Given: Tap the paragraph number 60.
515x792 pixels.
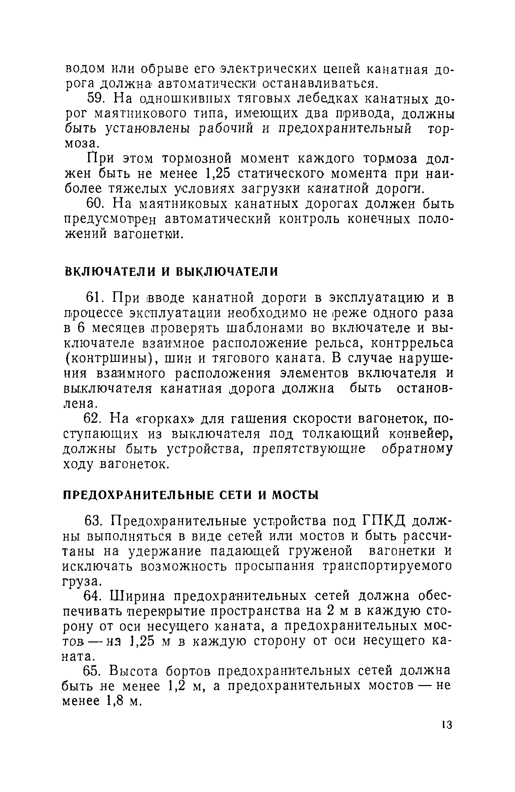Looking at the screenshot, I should point(97,204).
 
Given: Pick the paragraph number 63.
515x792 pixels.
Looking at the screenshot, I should point(96,522).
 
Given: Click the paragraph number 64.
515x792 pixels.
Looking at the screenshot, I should point(96,596).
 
